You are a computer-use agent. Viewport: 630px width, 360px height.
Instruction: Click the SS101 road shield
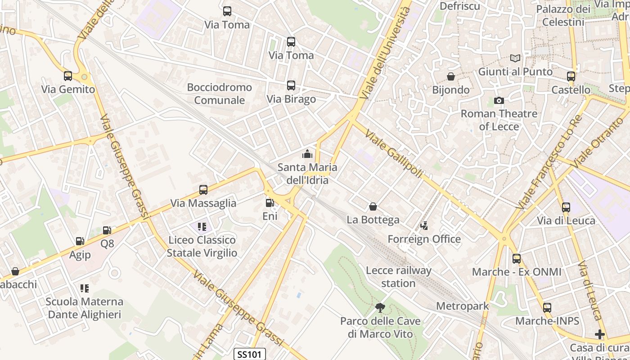[x=250, y=354]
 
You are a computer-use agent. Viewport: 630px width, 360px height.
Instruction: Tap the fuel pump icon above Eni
[x=270, y=203]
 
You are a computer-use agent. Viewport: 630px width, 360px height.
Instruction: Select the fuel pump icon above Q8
[x=107, y=230]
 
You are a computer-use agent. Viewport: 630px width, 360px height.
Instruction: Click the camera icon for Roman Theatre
[x=499, y=100]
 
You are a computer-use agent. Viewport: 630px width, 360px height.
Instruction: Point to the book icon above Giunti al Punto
[x=515, y=58]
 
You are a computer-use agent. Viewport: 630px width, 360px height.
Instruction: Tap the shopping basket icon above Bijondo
[x=450, y=76]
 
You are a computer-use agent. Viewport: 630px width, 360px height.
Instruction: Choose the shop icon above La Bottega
[x=373, y=207]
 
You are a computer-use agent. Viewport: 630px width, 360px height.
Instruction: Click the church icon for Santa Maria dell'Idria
[x=307, y=154]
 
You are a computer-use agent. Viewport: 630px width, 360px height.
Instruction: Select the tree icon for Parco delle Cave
[x=380, y=308]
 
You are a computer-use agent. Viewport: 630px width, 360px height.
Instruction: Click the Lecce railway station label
[x=398, y=277]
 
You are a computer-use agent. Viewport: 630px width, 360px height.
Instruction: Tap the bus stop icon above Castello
[x=571, y=76]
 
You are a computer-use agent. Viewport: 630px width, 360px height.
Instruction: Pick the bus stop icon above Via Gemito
[x=68, y=76]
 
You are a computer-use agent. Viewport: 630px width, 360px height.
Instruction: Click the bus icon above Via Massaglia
[x=203, y=190]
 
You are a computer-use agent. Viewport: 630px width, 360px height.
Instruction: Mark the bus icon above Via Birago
[x=291, y=85]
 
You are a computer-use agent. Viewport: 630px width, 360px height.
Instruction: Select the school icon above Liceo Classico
[x=202, y=226]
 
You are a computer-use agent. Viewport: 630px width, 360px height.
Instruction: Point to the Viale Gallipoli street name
[x=394, y=153]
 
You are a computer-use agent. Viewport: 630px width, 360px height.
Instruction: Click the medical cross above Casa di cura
[x=599, y=334]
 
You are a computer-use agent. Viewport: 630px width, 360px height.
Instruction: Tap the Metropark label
[x=462, y=306]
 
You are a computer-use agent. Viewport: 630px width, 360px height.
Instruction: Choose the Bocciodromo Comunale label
[x=220, y=94]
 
